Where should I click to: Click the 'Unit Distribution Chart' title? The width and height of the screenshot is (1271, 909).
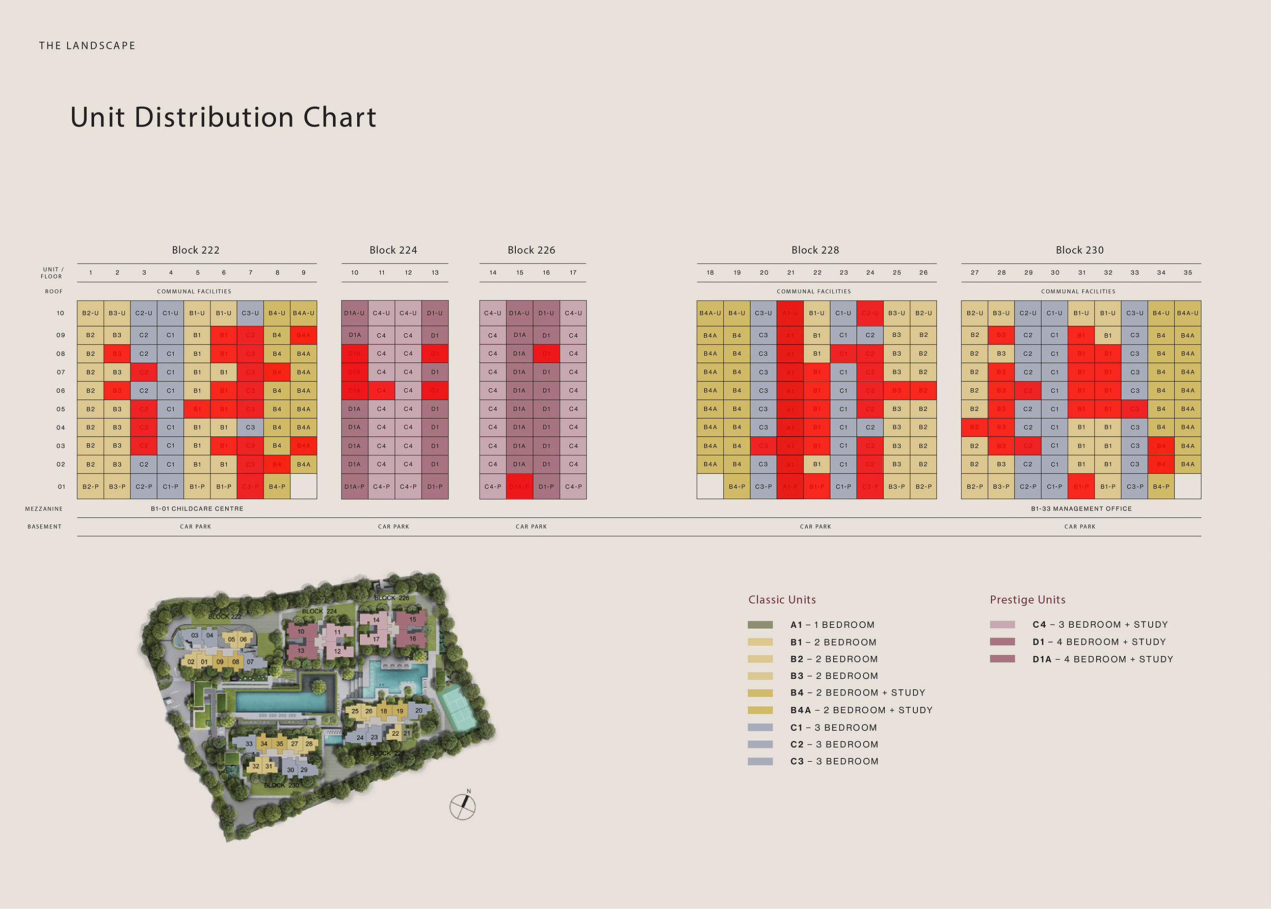(x=223, y=117)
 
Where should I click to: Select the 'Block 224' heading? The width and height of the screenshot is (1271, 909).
(x=393, y=250)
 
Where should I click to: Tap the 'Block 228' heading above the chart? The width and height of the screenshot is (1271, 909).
(x=815, y=250)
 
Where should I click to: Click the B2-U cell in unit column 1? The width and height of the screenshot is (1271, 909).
(x=90, y=313)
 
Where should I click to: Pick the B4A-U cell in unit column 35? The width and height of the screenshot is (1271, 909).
(x=1187, y=313)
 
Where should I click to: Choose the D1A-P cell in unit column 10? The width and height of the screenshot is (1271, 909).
(x=354, y=487)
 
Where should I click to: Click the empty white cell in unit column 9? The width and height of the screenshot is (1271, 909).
(x=303, y=487)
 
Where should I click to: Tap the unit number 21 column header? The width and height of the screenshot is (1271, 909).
(x=790, y=273)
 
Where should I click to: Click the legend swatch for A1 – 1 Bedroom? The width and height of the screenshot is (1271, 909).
(x=760, y=625)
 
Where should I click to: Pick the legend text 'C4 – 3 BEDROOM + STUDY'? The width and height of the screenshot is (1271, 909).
(x=1100, y=625)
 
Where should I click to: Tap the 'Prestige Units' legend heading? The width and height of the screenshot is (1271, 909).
(x=1027, y=600)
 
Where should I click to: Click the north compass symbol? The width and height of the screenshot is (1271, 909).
(x=463, y=807)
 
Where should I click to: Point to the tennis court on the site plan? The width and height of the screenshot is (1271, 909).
(x=458, y=710)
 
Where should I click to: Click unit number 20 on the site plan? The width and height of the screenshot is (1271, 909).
(x=418, y=710)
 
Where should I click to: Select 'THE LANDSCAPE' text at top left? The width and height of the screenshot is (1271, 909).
(x=87, y=46)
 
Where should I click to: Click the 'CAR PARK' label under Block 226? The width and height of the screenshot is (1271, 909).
(x=531, y=527)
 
